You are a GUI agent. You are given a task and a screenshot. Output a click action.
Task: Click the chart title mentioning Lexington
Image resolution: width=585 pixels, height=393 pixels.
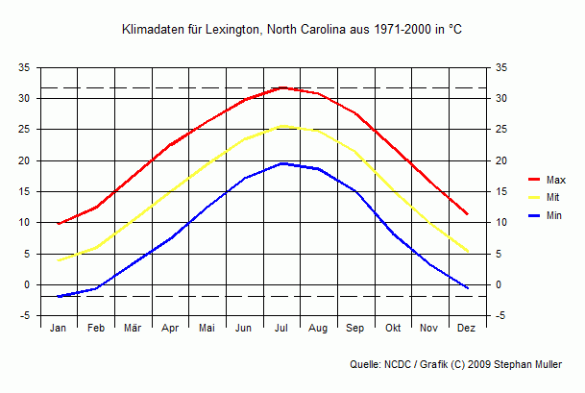(x=292, y=31)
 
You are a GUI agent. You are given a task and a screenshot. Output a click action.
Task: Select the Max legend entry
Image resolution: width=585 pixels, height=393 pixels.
(x=555, y=180)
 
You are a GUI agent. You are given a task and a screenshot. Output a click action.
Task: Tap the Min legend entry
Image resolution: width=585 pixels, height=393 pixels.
(x=554, y=216)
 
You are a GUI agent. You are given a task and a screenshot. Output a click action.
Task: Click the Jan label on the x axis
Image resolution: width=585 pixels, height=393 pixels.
(x=59, y=329)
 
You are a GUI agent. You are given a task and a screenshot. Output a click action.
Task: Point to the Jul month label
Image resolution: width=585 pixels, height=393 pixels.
(x=281, y=329)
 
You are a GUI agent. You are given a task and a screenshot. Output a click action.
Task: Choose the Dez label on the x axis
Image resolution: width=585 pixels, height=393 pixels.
(x=467, y=329)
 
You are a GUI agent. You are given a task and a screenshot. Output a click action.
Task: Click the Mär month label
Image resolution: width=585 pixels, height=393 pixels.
(x=133, y=329)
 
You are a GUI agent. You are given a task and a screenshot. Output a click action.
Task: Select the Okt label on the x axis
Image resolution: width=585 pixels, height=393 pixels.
(x=393, y=329)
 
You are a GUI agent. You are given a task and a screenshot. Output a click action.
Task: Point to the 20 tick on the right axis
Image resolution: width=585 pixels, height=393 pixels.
(x=500, y=161)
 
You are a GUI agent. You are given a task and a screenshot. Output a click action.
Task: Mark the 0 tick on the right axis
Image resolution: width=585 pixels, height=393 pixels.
(x=498, y=285)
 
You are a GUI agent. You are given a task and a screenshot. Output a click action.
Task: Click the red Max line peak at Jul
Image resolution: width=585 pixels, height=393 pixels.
(x=281, y=87)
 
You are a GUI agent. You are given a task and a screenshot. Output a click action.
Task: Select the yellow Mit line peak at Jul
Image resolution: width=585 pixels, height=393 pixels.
(x=281, y=126)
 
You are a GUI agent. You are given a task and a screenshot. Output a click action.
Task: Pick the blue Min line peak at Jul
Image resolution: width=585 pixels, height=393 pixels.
(x=281, y=163)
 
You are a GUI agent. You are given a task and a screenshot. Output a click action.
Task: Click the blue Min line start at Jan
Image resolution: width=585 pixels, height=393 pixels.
(x=59, y=296)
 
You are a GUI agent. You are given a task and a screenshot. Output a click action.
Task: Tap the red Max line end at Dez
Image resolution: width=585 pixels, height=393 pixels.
(x=467, y=214)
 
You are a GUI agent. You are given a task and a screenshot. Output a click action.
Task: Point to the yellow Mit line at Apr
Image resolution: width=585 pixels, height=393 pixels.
(x=170, y=192)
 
